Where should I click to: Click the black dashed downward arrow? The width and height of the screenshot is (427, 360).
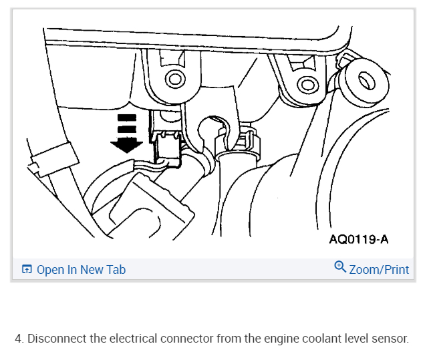pos(127,134)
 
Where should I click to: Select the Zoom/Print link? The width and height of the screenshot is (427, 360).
pos(378,270)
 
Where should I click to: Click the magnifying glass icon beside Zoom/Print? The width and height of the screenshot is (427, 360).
pos(340,268)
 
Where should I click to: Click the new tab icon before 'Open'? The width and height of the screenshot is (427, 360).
pos(27,270)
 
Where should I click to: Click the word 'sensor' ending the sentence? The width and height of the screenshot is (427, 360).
pos(390,339)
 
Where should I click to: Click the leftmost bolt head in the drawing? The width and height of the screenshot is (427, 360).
pos(175,79)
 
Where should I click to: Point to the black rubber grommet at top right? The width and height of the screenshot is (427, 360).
pos(365,81)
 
